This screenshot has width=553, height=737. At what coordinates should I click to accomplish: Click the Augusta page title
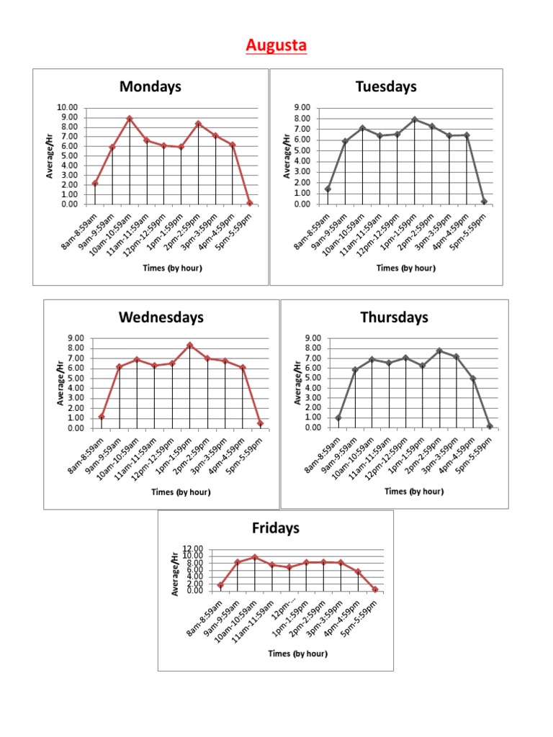[276, 46]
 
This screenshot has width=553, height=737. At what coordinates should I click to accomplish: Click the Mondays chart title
[150, 87]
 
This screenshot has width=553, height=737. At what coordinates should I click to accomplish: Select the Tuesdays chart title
[386, 87]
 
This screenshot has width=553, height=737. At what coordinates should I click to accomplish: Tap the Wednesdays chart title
[161, 317]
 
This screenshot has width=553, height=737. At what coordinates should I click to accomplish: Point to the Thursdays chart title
[394, 317]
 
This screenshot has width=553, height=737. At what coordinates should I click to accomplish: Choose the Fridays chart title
[275, 528]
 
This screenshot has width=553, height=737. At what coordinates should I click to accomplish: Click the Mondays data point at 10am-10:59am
[130, 118]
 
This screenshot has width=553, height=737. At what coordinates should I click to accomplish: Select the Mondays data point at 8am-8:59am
[95, 183]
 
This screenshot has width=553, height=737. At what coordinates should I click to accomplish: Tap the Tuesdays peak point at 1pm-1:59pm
[415, 119]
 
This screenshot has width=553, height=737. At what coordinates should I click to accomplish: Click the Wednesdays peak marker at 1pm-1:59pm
[190, 345]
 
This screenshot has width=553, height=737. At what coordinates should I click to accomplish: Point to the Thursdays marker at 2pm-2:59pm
[439, 351]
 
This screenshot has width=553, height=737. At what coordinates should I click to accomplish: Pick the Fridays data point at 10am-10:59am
[254, 557]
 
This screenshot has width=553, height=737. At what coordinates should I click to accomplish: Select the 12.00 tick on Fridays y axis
[193, 549]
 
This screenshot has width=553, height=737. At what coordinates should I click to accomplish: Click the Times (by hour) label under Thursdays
[414, 492]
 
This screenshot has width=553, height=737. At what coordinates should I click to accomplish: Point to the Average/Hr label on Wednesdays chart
[60, 383]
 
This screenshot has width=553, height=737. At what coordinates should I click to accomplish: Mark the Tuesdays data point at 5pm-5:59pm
[484, 202]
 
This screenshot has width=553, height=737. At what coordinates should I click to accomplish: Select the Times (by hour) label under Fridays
[297, 654]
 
